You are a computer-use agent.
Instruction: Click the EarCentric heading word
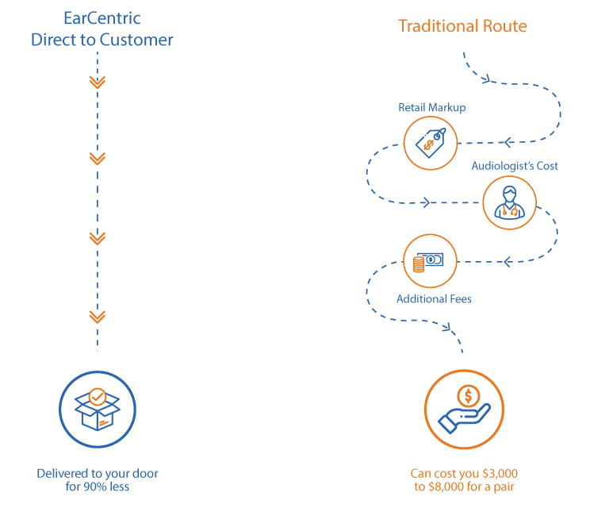tap(102, 17)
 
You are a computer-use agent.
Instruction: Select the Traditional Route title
tap(462, 25)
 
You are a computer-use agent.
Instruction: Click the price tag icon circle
tap(431, 143)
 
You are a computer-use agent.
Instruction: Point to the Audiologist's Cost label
tap(515, 166)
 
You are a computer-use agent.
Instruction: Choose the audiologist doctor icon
tap(509, 202)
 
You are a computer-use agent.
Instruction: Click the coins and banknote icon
tap(430, 261)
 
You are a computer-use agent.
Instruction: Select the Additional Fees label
tap(434, 299)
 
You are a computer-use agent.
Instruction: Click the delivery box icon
tap(97, 410)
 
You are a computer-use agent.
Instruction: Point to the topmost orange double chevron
tap(97, 82)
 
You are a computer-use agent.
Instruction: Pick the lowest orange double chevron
tap(97, 317)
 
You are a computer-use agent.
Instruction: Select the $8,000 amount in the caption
tap(450, 486)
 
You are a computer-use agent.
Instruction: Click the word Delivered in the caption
tap(63, 473)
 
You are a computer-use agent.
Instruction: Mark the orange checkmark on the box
tap(97, 395)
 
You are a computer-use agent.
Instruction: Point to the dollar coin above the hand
tap(468, 395)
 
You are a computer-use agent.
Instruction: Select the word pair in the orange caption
tap(501, 486)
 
